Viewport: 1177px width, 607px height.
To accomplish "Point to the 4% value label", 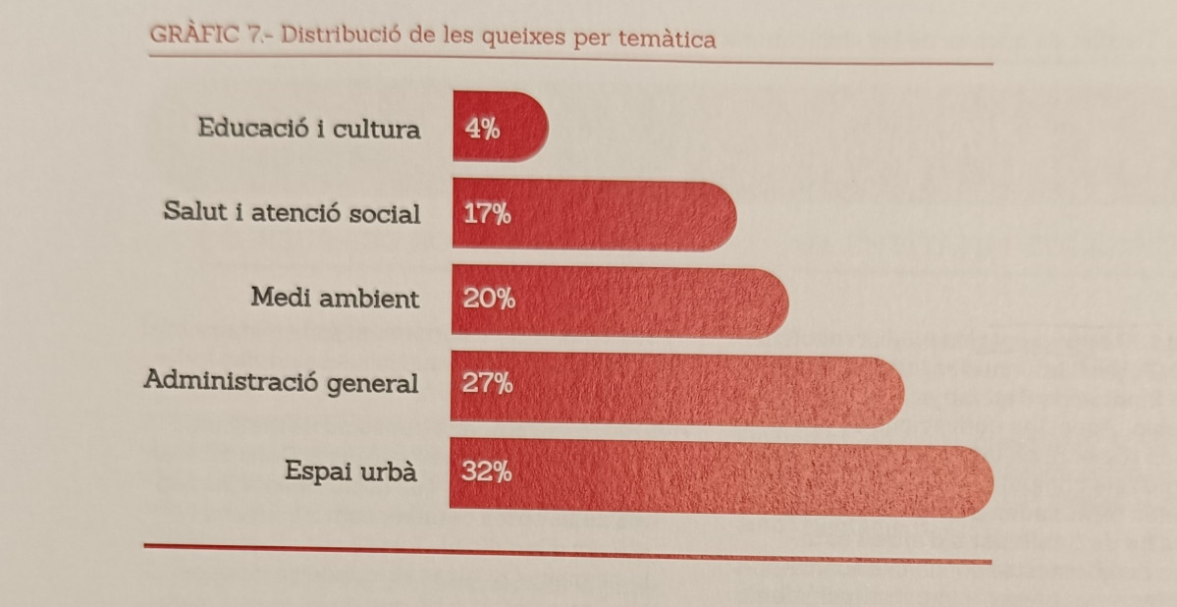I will pos(481,128).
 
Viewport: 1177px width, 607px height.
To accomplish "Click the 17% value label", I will pos(487,214).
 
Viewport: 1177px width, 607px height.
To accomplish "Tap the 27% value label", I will pos(488,383).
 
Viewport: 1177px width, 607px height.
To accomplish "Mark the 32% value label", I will pos(487,472).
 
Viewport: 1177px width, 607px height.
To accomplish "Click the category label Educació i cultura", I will pos(308,129).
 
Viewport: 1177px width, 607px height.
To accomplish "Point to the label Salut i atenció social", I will pos(292,213).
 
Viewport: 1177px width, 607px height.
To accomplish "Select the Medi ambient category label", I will pos(335,298).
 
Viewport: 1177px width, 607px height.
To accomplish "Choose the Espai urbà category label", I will pos(350,471).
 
